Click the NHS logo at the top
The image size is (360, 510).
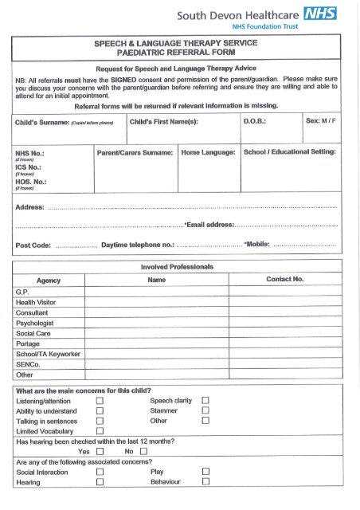320,13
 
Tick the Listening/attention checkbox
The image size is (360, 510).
100,402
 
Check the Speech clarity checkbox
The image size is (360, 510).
205,401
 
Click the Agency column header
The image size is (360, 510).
49,280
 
